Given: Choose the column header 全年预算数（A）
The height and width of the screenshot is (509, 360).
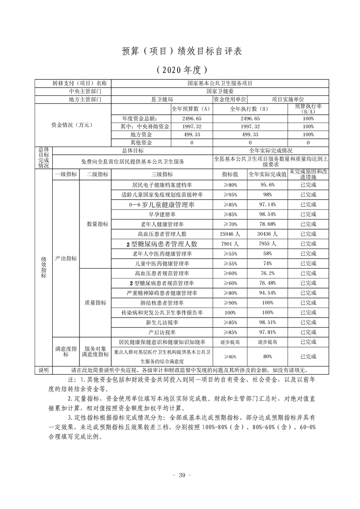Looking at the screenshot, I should (x=191, y=109).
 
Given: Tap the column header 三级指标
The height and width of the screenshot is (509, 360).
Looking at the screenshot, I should (x=161, y=174).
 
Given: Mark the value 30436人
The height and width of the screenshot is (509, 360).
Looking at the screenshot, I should (x=267, y=234).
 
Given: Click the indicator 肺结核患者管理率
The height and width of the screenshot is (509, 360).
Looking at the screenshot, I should (x=161, y=303).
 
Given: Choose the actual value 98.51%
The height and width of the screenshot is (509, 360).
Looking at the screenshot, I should (x=267, y=323).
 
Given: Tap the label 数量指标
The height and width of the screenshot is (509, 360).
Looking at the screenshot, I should (x=97, y=224).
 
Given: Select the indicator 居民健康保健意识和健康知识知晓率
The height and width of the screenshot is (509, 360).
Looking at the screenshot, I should (x=162, y=342).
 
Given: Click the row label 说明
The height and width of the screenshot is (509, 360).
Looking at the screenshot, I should (x=44, y=370).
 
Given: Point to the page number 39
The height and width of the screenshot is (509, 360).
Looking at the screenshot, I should (x=181, y=475).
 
